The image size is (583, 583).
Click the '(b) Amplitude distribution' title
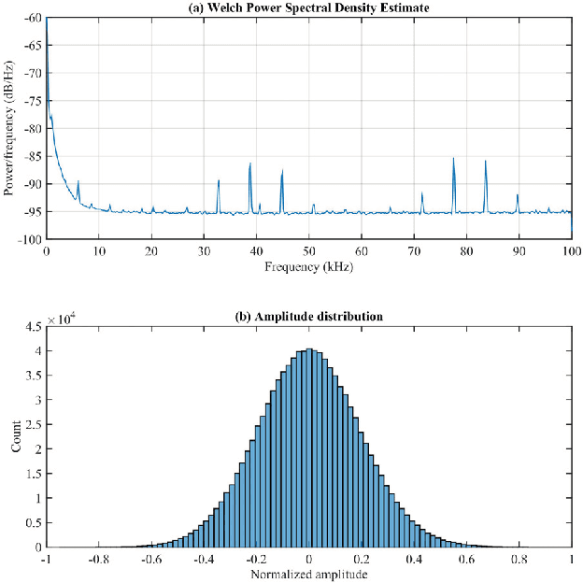click(x=308, y=317)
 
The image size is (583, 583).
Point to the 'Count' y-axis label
click(x=16, y=436)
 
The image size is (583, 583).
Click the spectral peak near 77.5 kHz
click(x=453, y=159)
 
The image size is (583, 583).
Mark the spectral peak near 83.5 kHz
click(x=485, y=162)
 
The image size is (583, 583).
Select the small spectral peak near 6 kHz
click(x=78, y=182)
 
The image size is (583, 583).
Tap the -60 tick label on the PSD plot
click(x=30, y=18)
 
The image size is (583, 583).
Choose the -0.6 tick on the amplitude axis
click(x=149, y=559)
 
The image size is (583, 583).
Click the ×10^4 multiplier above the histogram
click(x=62, y=319)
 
